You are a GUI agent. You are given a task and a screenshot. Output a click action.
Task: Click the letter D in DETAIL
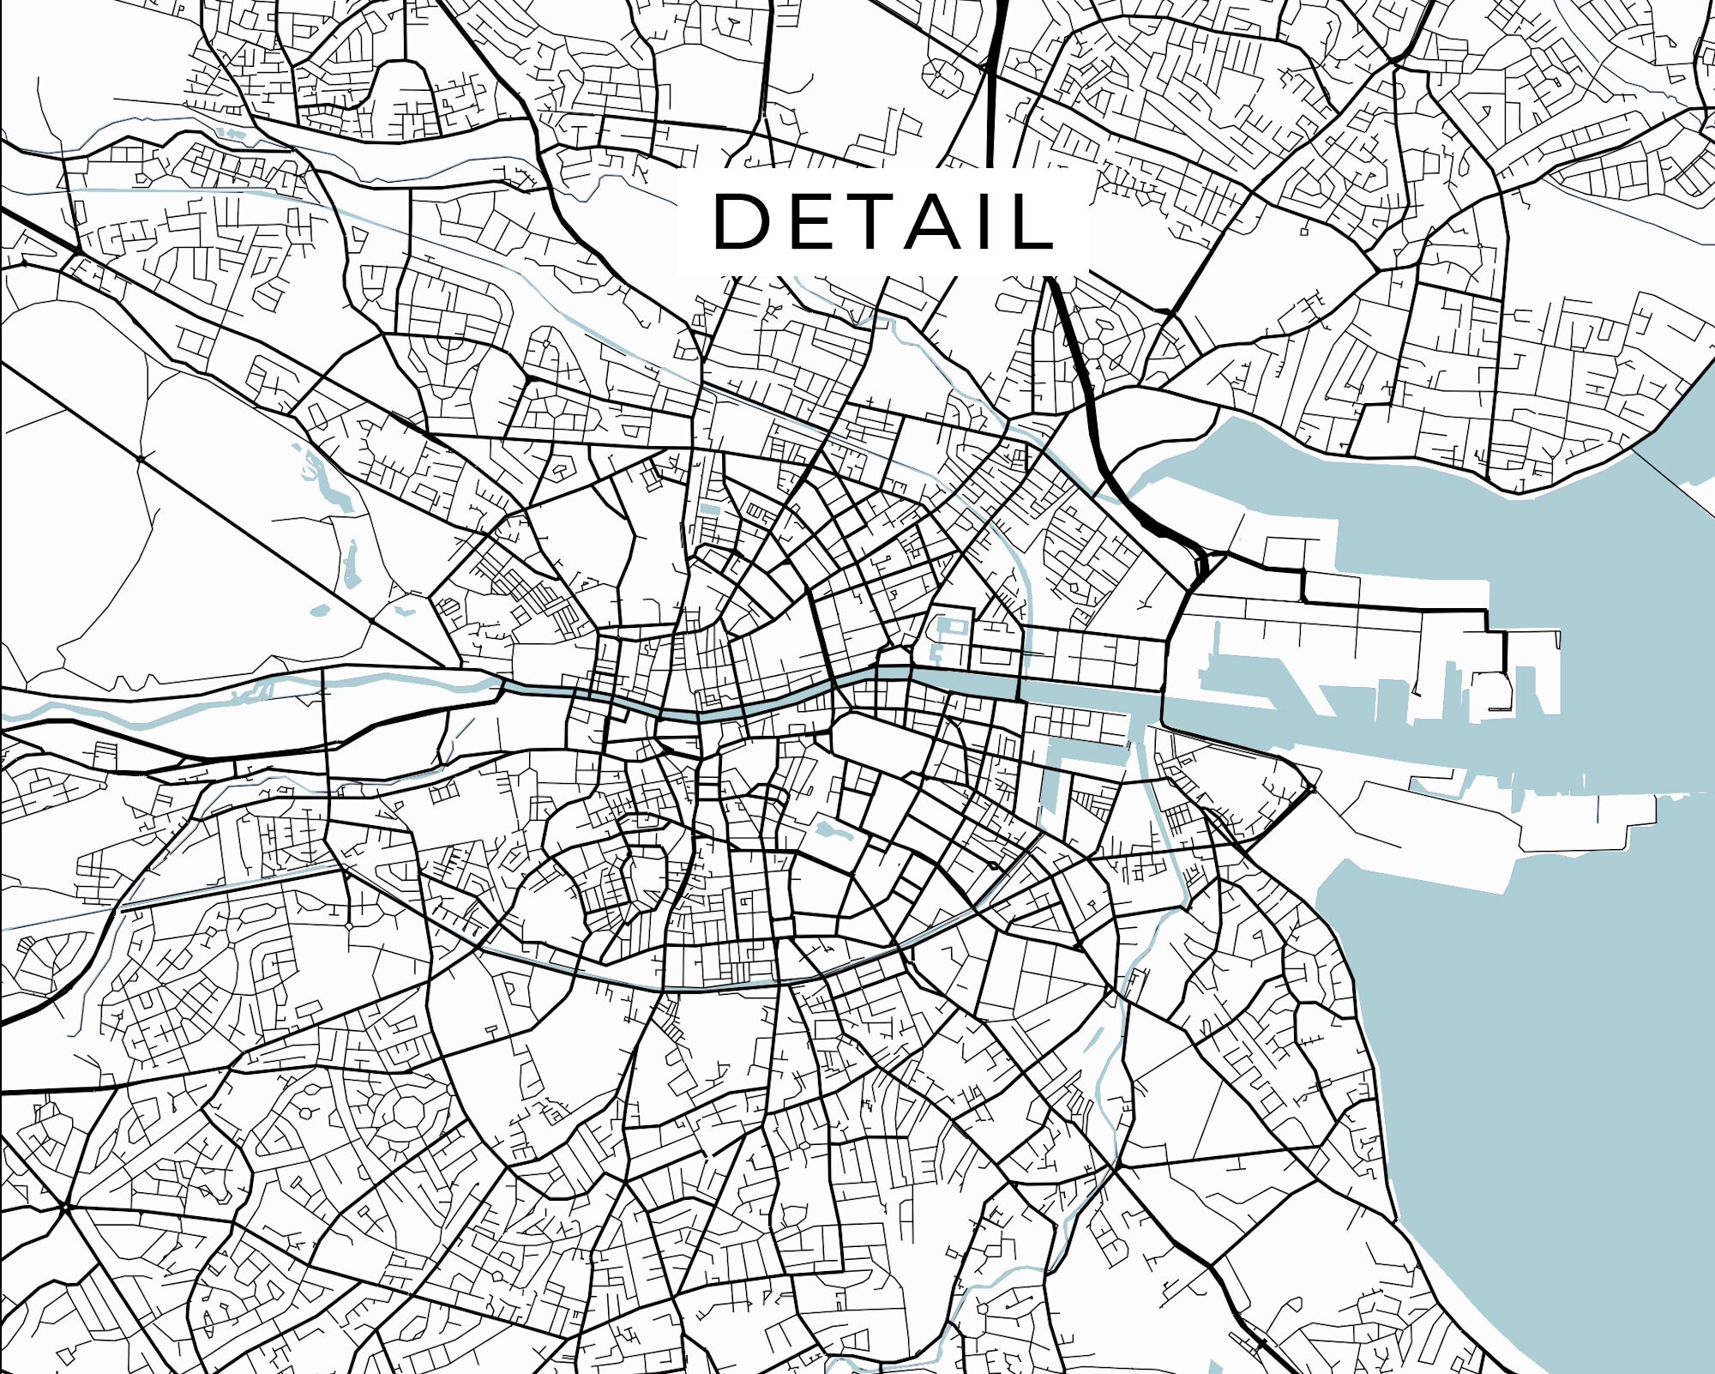tap(743, 221)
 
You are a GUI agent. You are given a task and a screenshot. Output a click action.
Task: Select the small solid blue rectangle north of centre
tap(709, 509)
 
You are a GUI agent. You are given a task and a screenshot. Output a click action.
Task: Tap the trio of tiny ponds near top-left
tap(230, 134)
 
